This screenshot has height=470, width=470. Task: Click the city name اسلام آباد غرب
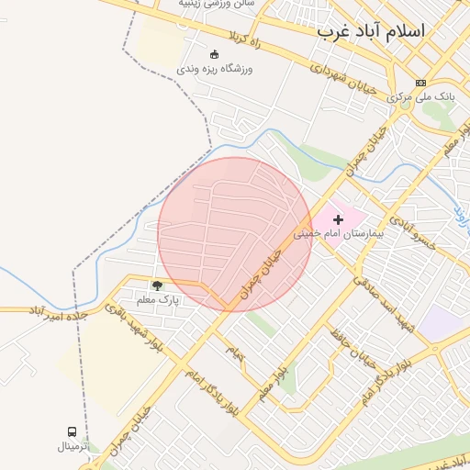(371, 30)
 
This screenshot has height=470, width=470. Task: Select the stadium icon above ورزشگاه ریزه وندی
(214, 53)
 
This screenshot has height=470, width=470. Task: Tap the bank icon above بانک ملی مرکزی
(420, 82)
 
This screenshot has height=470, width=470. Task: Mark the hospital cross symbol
(338, 219)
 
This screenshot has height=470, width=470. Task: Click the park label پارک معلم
(157, 300)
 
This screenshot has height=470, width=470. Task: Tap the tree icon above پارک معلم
(157, 285)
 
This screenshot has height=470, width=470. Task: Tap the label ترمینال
(73, 447)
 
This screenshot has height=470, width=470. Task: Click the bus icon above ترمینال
(72, 431)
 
